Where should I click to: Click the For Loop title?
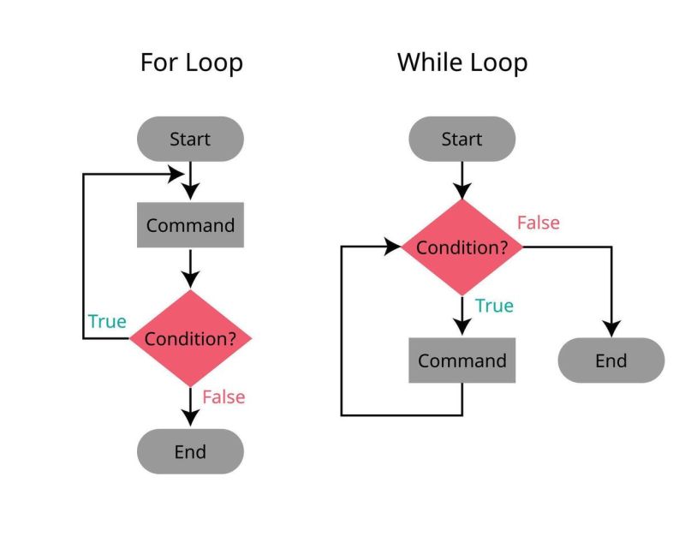pos(191,63)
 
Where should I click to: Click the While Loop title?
pos(462,63)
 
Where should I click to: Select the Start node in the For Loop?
pos(190,139)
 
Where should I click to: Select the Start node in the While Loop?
pos(462,139)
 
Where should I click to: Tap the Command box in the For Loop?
pos(190,225)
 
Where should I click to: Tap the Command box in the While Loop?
pos(462,360)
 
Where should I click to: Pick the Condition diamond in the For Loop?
pos(190,338)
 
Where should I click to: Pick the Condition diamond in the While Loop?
pos(462,247)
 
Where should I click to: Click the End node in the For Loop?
pos(190,451)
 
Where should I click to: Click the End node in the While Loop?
pos(611,360)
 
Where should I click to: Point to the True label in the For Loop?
pos(107,322)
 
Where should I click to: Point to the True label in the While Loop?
pos(494,306)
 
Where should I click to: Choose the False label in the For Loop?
pos(223,397)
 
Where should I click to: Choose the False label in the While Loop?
pos(538,223)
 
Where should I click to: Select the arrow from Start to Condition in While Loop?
pos(462,180)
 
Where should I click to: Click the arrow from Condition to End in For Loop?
pos(190,407)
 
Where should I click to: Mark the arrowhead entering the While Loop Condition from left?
pos(393,247)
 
